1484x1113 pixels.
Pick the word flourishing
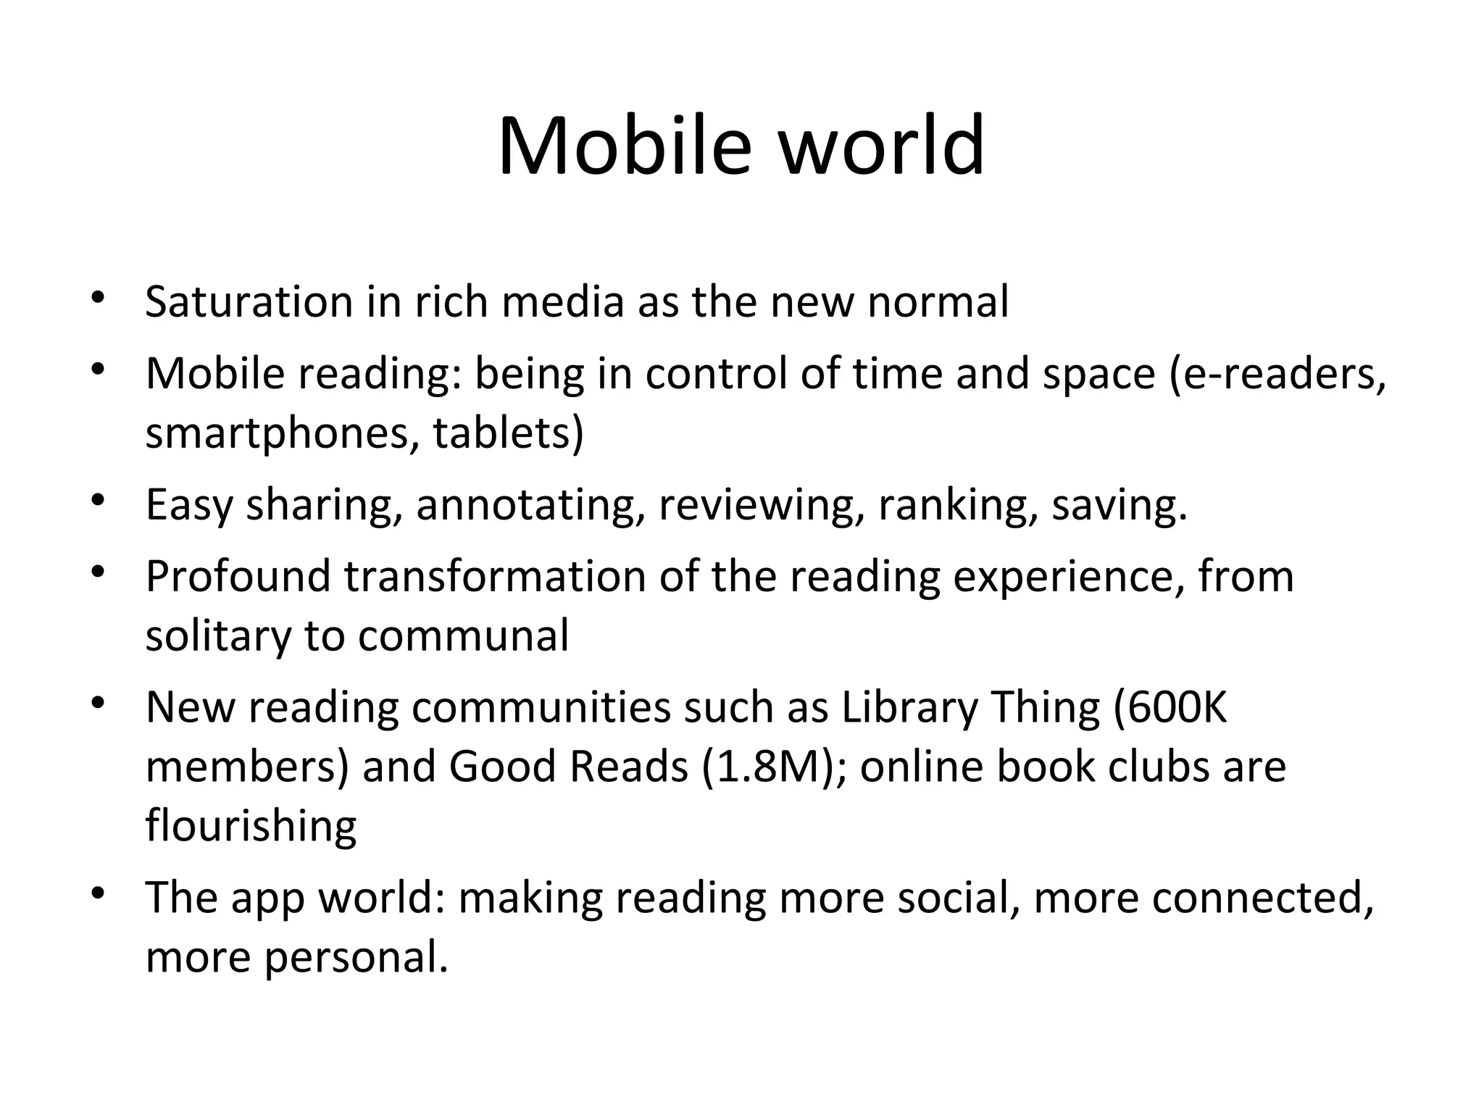[251, 826]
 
